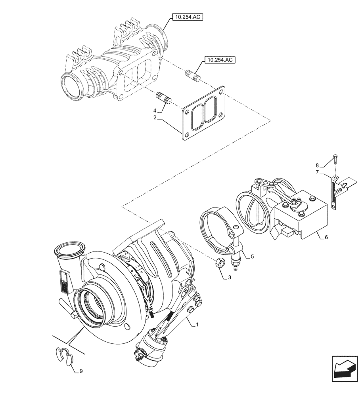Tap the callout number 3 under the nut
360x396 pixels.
(x=229, y=278)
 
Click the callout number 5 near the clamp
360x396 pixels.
(x=252, y=256)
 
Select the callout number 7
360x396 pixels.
(x=317, y=173)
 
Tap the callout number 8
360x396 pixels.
(x=317, y=165)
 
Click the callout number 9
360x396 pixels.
(x=81, y=371)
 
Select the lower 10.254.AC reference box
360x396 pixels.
(x=219, y=60)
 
